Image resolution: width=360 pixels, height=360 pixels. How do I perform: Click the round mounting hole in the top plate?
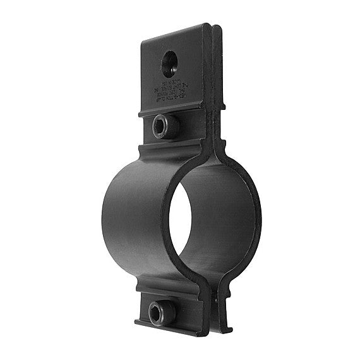(170, 63)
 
